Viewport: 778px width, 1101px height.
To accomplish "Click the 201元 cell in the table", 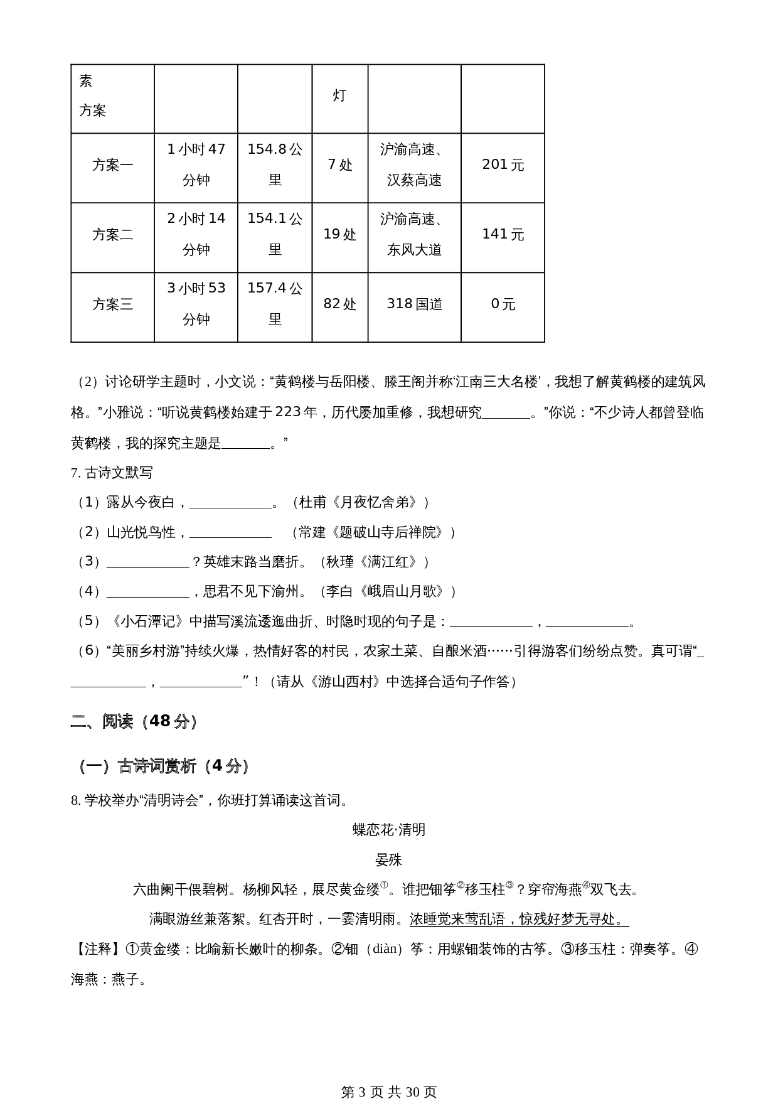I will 503,164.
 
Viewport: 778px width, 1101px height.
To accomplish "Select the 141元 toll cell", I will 503,234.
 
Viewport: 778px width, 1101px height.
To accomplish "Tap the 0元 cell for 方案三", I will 503,304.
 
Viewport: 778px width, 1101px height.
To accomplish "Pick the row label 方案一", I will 113,165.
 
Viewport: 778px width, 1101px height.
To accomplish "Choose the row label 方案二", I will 113,235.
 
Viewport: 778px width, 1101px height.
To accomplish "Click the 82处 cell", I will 339,304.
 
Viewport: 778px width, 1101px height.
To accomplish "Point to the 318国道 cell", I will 414,304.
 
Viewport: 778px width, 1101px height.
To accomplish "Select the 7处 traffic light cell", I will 339,164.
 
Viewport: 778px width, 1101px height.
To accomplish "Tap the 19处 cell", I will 339,234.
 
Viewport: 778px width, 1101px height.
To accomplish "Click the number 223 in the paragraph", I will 288,412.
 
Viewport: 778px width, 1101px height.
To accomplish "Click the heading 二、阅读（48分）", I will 134,721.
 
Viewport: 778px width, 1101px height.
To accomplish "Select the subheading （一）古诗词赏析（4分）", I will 163,766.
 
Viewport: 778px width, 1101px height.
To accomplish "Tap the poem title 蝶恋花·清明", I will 389,830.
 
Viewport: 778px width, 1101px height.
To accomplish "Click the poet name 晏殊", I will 389,859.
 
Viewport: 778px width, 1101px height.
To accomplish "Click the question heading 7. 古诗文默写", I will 112,473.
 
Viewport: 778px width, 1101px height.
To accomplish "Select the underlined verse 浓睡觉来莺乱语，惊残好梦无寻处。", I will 518,919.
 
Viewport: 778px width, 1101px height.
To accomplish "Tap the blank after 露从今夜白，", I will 230,502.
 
